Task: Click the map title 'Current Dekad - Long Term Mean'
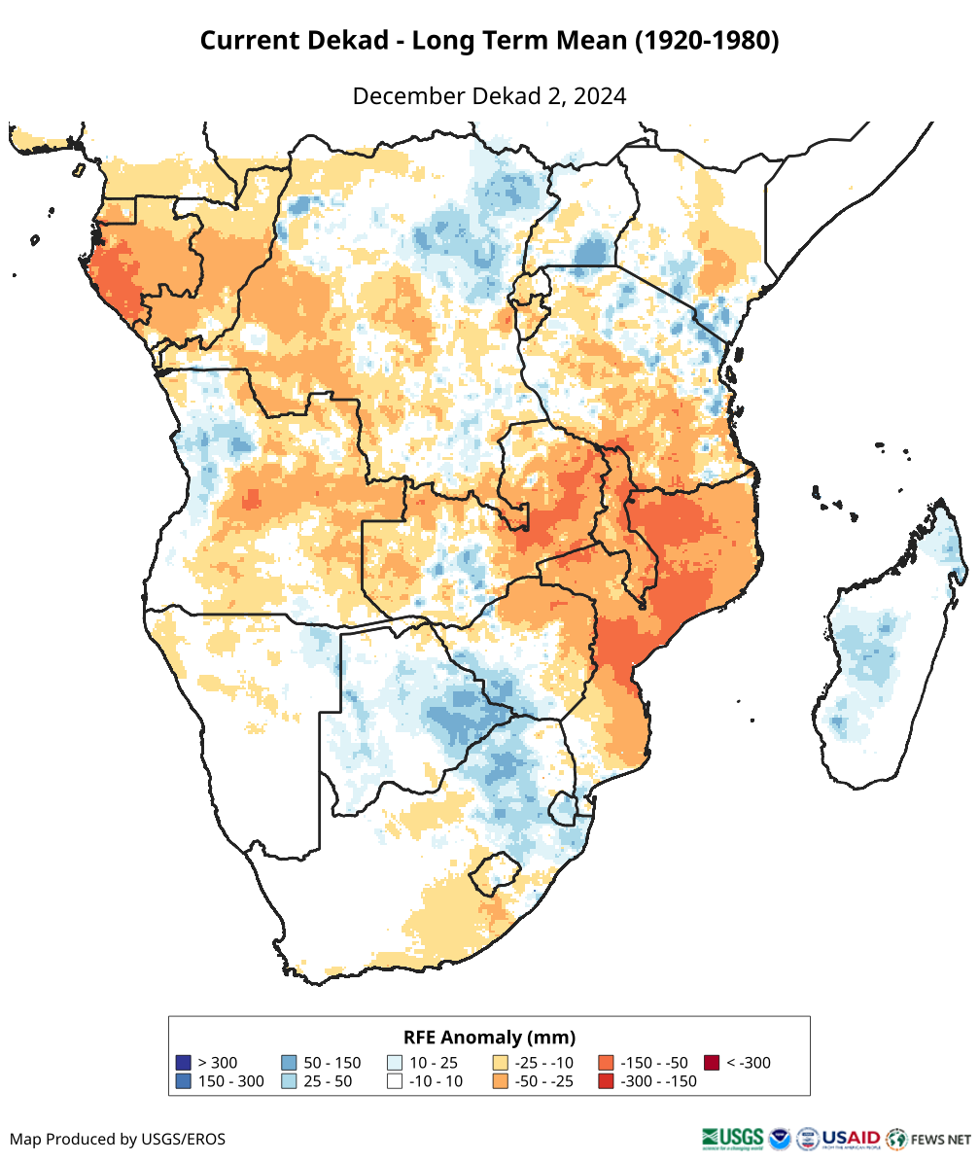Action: (x=489, y=41)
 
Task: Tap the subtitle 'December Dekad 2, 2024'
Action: (x=489, y=96)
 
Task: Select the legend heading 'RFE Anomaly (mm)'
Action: (x=489, y=1037)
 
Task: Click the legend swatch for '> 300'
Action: (x=183, y=1063)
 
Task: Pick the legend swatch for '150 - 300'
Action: (x=183, y=1081)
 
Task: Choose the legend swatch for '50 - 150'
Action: (x=289, y=1063)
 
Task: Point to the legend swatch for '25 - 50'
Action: (x=289, y=1081)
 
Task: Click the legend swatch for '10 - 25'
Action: (x=395, y=1063)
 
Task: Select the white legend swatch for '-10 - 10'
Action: (x=395, y=1081)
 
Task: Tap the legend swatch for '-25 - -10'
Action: (x=501, y=1063)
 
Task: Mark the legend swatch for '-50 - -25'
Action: (x=501, y=1081)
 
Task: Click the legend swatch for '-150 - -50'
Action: (x=607, y=1063)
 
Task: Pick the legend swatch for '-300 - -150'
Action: (x=607, y=1081)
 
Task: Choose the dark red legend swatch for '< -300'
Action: (x=713, y=1063)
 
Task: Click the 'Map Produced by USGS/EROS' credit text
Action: (x=118, y=1139)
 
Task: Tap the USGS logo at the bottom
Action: (x=732, y=1138)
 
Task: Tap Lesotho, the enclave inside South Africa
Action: (x=493, y=873)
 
